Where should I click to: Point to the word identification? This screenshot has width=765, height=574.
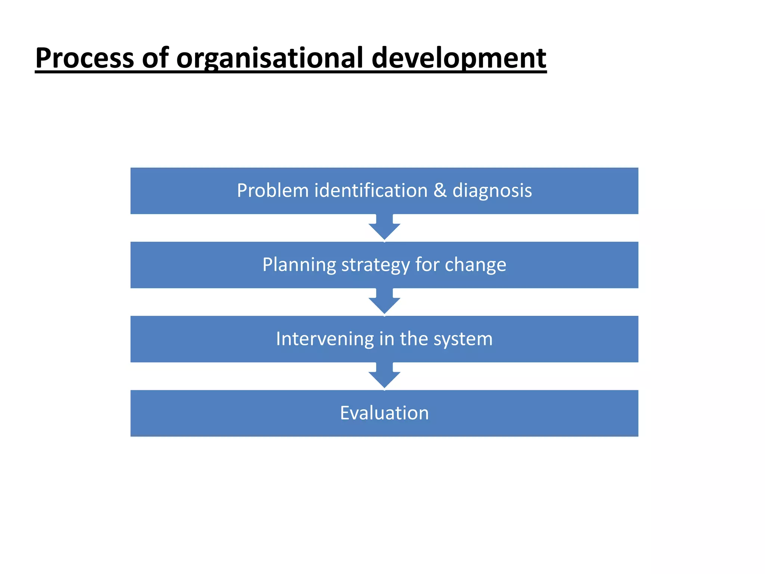371,191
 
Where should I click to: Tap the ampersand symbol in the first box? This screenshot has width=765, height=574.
440,191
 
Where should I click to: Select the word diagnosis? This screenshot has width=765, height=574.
492,191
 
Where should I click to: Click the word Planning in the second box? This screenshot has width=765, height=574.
299,265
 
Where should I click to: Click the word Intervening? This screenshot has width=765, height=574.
325,339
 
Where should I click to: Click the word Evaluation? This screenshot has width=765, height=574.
384,413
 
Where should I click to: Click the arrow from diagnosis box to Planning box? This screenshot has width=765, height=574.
384,228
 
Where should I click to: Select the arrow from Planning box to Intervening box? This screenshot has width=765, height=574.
384,302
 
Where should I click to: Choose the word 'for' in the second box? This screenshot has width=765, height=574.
427,265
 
